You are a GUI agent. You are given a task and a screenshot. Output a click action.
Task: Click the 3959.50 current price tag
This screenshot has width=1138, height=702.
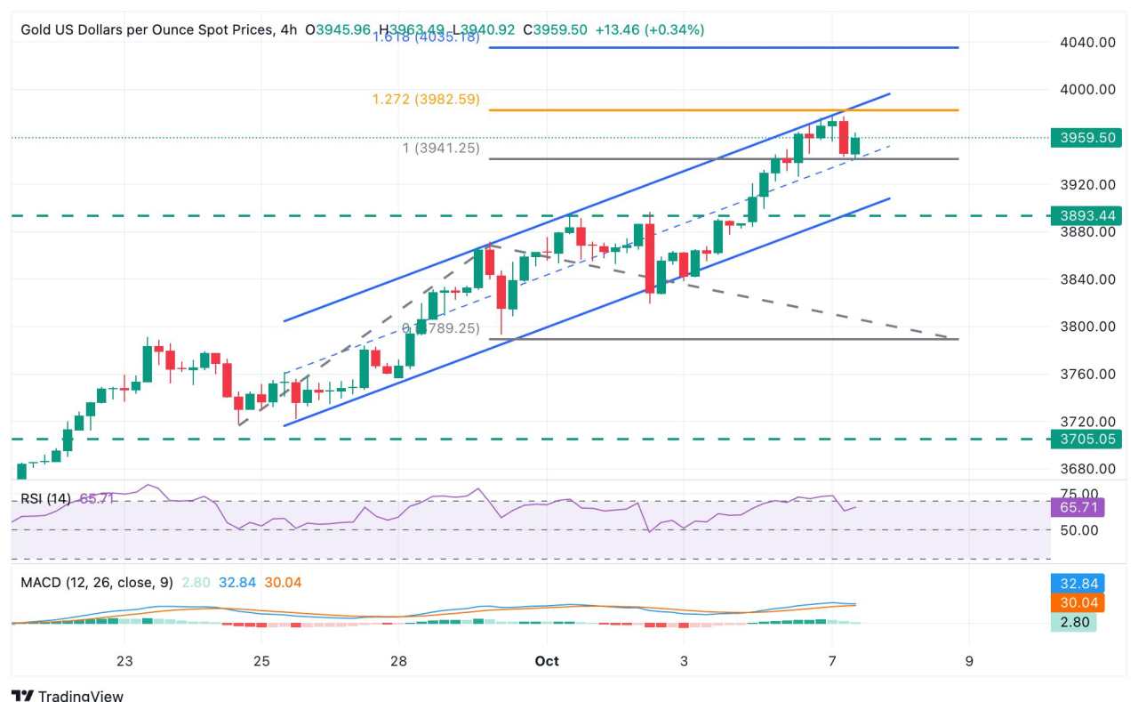pyautogui.click(x=1086, y=138)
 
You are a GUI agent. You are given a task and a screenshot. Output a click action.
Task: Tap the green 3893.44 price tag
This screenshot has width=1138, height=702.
pyautogui.click(x=1086, y=215)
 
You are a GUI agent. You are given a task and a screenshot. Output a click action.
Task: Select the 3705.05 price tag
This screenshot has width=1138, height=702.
pyautogui.click(x=1086, y=439)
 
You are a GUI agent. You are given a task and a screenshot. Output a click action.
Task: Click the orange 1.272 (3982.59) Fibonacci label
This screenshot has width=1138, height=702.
pyautogui.click(x=426, y=100)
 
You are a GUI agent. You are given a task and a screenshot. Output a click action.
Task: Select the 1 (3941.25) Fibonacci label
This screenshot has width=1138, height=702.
pyautogui.click(x=441, y=149)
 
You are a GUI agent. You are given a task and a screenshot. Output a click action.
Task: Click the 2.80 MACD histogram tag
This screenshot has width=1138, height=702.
pyautogui.click(x=1073, y=622)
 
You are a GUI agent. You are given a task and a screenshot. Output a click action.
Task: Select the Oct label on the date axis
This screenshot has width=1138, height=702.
pyautogui.click(x=548, y=661)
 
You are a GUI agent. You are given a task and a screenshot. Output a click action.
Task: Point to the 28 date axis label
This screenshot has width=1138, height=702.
pyautogui.click(x=398, y=661)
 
